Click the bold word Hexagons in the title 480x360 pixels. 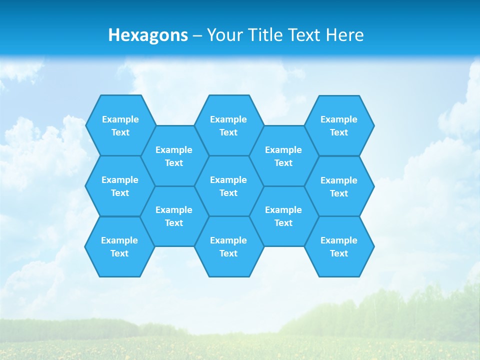(148, 35)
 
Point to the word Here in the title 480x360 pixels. (344, 35)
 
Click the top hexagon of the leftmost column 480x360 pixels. (120, 125)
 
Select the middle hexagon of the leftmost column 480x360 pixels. (120, 186)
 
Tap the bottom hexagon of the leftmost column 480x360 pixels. (119, 246)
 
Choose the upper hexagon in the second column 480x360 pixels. (174, 156)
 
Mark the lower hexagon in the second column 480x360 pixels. (174, 216)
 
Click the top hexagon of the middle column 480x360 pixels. (228, 125)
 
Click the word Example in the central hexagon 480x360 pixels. (228, 180)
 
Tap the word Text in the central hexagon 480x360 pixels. (228, 193)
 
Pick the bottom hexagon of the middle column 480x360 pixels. (228, 246)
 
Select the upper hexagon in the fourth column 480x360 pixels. (283, 156)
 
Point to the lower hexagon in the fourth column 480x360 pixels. (283, 216)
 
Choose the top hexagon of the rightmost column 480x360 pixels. (339, 125)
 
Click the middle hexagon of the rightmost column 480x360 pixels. (339, 186)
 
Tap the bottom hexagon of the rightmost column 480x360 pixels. (339, 246)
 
